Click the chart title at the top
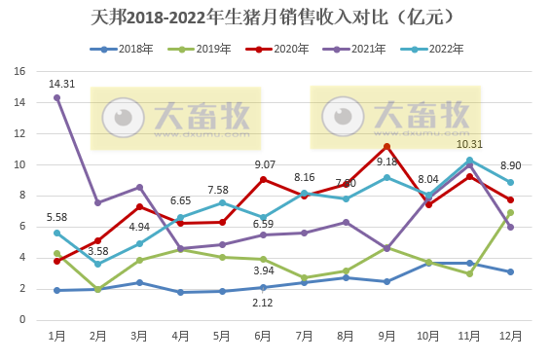(276, 18)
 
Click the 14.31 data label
(62, 84)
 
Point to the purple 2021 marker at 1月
(56, 97)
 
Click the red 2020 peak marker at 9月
(386, 147)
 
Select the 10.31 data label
(469, 145)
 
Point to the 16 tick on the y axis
(19, 71)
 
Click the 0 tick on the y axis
(22, 319)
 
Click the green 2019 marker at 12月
(510, 212)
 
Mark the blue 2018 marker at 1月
(56, 290)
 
